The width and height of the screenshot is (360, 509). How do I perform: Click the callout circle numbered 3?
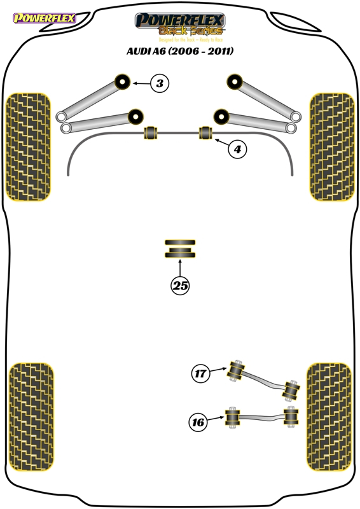(160, 83)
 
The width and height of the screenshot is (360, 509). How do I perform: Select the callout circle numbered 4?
(237, 150)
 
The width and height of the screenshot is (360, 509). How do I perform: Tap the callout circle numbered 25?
(180, 286)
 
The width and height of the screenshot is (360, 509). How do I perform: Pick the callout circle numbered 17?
(200, 373)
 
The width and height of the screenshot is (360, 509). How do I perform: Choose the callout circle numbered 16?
(198, 422)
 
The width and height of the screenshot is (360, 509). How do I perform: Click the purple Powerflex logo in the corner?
(45, 18)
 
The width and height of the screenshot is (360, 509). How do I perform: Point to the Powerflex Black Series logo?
(180, 24)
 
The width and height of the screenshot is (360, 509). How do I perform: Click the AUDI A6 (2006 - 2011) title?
(180, 52)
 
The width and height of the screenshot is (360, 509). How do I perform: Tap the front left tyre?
(28, 147)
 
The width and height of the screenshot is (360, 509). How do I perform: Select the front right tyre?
(332, 147)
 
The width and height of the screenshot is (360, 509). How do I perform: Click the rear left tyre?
(31, 417)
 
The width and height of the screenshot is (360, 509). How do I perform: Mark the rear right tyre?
(329, 417)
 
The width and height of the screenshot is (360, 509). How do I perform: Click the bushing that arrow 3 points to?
(123, 82)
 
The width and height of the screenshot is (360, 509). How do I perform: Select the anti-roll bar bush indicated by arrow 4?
(205, 132)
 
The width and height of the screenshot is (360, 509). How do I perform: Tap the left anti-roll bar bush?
(150, 132)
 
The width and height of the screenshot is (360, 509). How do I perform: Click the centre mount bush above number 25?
(180, 249)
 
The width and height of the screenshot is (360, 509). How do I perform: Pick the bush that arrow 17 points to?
(237, 371)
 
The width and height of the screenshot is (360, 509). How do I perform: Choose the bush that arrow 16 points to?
(232, 417)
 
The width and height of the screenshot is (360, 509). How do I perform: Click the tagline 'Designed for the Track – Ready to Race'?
(191, 39)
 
